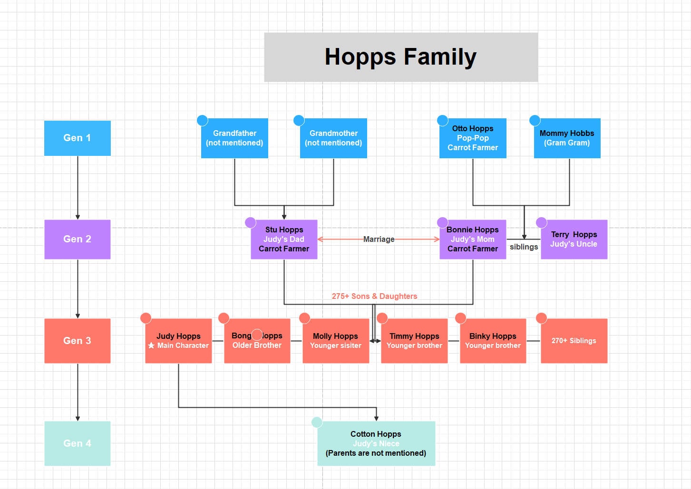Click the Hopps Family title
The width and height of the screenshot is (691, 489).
tap(400, 57)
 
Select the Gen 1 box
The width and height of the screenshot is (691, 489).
tap(77, 138)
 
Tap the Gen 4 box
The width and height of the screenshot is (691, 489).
tap(77, 443)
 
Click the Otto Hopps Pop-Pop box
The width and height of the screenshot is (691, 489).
tap(472, 138)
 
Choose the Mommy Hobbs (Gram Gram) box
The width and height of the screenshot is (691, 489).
tap(567, 138)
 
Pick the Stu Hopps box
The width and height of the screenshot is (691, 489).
tap(284, 239)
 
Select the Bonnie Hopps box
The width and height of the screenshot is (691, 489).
tap(472, 239)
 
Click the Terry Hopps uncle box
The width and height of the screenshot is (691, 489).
tap(574, 239)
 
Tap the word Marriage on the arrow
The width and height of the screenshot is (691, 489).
tap(379, 239)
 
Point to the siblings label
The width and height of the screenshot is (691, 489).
tap(524, 247)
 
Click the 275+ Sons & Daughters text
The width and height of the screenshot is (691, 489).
tap(374, 296)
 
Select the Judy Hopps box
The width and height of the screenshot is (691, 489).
tap(178, 340)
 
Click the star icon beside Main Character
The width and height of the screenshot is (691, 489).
tap(151, 345)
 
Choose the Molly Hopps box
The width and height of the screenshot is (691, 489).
tap(335, 340)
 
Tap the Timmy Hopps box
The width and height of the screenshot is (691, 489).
tap(414, 340)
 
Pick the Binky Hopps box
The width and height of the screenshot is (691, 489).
tap(493, 340)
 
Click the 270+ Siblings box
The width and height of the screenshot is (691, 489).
tap(574, 340)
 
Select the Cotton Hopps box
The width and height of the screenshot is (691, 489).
tap(376, 443)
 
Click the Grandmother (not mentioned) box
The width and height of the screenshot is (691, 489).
tap(333, 138)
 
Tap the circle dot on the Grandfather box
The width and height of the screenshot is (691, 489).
tap(203, 120)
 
